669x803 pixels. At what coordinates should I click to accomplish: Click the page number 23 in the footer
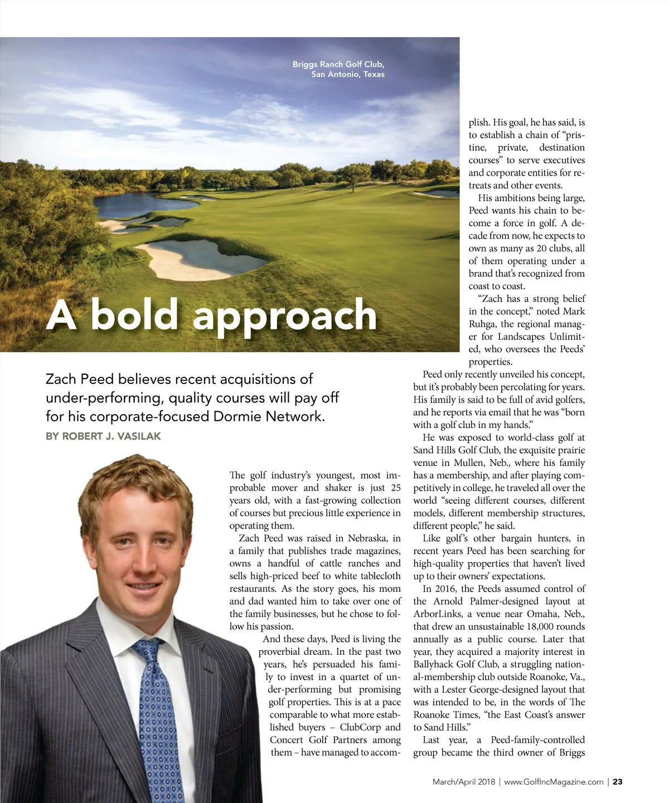618,782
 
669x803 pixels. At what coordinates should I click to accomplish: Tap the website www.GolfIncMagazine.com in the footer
554,782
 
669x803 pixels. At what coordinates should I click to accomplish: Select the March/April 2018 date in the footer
463,782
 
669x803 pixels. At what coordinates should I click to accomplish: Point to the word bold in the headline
134,315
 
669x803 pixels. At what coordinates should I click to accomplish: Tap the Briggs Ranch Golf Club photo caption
338,69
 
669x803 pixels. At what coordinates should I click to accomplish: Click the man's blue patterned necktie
156,719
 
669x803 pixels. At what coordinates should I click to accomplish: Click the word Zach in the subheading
61,379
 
